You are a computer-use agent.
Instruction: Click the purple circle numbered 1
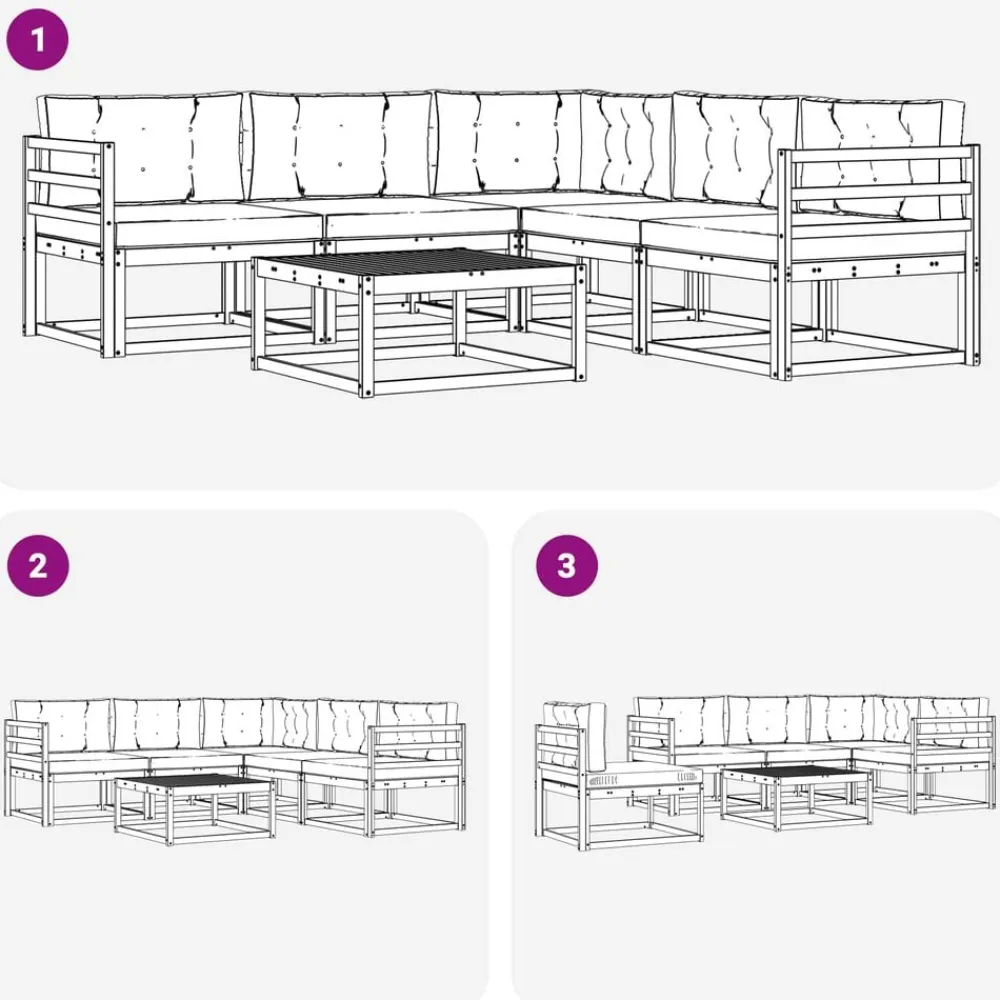click(x=37, y=39)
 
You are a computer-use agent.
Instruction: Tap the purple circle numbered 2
click(x=38, y=565)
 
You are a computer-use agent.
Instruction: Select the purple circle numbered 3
click(x=566, y=565)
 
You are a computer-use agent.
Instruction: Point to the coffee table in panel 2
click(x=195, y=808)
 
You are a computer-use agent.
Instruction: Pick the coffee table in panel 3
click(x=797, y=797)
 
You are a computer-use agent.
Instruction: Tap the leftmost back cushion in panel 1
click(x=142, y=148)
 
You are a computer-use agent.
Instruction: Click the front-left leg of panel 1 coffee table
click(x=366, y=337)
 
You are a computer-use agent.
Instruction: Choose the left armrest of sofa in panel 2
click(x=27, y=772)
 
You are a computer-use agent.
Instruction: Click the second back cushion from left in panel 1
click(x=341, y=146)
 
